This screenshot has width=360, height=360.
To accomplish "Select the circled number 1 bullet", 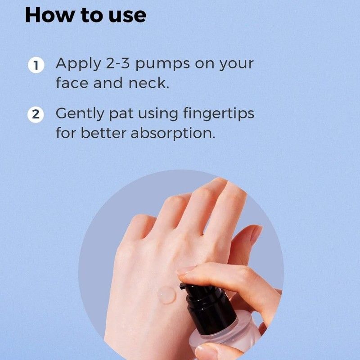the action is [x=36, y=65].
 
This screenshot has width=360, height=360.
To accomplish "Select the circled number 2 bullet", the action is [x=36, y=114].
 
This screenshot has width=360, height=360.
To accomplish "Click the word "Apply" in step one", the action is [x=78, y=64].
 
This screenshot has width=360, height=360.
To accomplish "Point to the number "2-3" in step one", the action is [x=118, y=63].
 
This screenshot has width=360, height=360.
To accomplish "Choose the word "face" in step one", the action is [x=72, y=83].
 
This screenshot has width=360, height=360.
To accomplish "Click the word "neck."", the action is [x=149, y=83].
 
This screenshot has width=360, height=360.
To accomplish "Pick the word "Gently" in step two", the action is [x=80, y=115].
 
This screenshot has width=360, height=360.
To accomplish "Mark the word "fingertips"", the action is [x=219, y=114].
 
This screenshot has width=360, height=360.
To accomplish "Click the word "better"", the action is [x=103, y=133].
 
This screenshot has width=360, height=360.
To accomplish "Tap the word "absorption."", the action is [x=173, y=134].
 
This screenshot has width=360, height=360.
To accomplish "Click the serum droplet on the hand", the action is [x=166, y=295].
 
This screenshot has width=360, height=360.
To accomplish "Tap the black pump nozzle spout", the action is [x=183, y=286].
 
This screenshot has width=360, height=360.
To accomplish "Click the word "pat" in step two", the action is [x=121, y=115].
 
